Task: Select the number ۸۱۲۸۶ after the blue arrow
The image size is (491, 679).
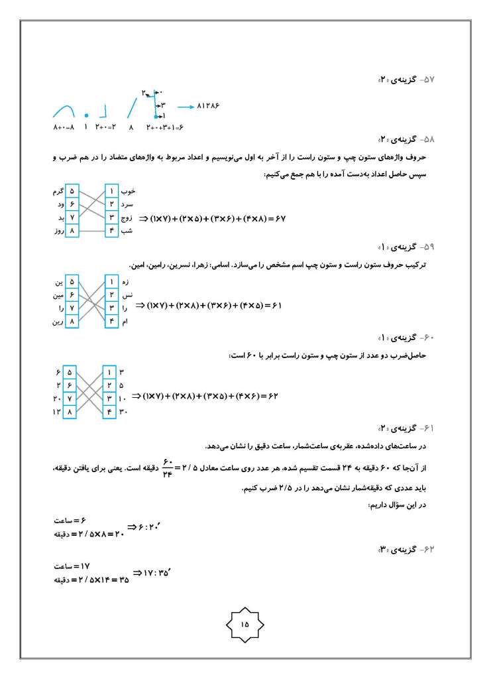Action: [207, 105]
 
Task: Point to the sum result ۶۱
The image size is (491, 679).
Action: [276, 306]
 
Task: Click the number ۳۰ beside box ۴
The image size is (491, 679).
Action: [123, 412]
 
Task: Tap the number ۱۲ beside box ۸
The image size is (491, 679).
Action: [57, 412]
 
